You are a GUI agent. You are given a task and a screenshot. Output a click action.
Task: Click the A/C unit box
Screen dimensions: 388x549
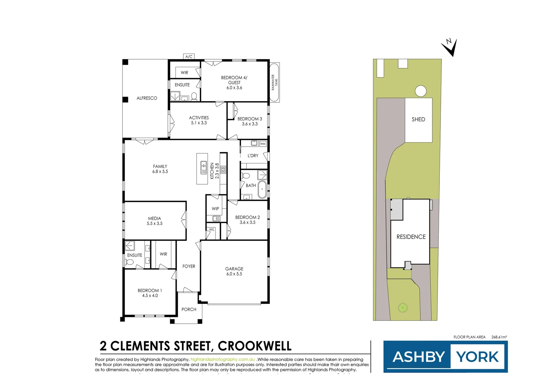(x=189, y=57)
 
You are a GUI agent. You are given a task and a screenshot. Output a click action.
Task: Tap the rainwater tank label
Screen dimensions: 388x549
(x=274, y=83)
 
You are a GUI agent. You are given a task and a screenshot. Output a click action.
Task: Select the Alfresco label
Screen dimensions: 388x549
(x=147, y=98)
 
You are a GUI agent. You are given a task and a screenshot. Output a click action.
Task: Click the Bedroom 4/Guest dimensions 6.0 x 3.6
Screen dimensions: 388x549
(x=234, y=88)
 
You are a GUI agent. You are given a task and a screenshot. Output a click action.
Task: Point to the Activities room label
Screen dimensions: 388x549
(x=199, y=118)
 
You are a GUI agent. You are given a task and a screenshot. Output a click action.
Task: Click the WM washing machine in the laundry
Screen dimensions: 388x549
(x=263, y=144)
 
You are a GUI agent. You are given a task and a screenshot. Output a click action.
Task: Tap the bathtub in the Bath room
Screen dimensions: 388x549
(x=262, y=190)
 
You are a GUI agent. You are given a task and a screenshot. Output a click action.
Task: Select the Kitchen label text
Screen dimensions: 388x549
(x=212, y=171)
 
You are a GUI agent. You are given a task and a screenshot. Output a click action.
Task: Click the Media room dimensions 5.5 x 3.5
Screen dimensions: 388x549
(x=154, y=223)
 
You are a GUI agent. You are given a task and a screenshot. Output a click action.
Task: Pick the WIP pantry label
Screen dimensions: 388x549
(x=215, y=209)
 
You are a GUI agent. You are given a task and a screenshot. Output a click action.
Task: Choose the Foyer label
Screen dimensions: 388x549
(x=189, y=266)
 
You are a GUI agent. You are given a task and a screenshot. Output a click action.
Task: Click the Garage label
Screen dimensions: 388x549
(x=234, y=269)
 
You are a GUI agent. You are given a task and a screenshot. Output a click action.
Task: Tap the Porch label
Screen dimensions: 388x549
(x=189, y=309)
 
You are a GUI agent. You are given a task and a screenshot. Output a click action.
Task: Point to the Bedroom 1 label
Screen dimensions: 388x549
(x=150, y=291)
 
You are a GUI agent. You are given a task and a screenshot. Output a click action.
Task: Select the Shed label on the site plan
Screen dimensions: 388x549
(x=418, y=119)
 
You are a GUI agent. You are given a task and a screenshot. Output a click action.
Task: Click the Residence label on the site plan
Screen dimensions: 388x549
(x=411, y=237)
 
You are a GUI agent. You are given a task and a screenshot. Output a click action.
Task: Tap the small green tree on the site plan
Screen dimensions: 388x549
(x=403, y=308)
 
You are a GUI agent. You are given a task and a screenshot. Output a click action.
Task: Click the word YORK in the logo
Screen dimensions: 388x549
(x=478, y=357)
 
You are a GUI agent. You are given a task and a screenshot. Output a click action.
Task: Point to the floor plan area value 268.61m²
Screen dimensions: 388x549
(x=499, y=337)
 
